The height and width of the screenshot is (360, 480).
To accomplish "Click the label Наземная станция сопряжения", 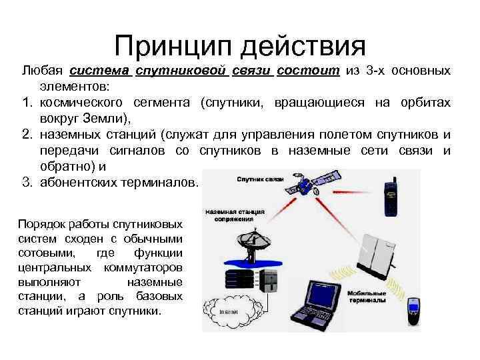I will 235,215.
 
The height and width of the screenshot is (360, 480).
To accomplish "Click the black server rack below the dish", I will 268,278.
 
